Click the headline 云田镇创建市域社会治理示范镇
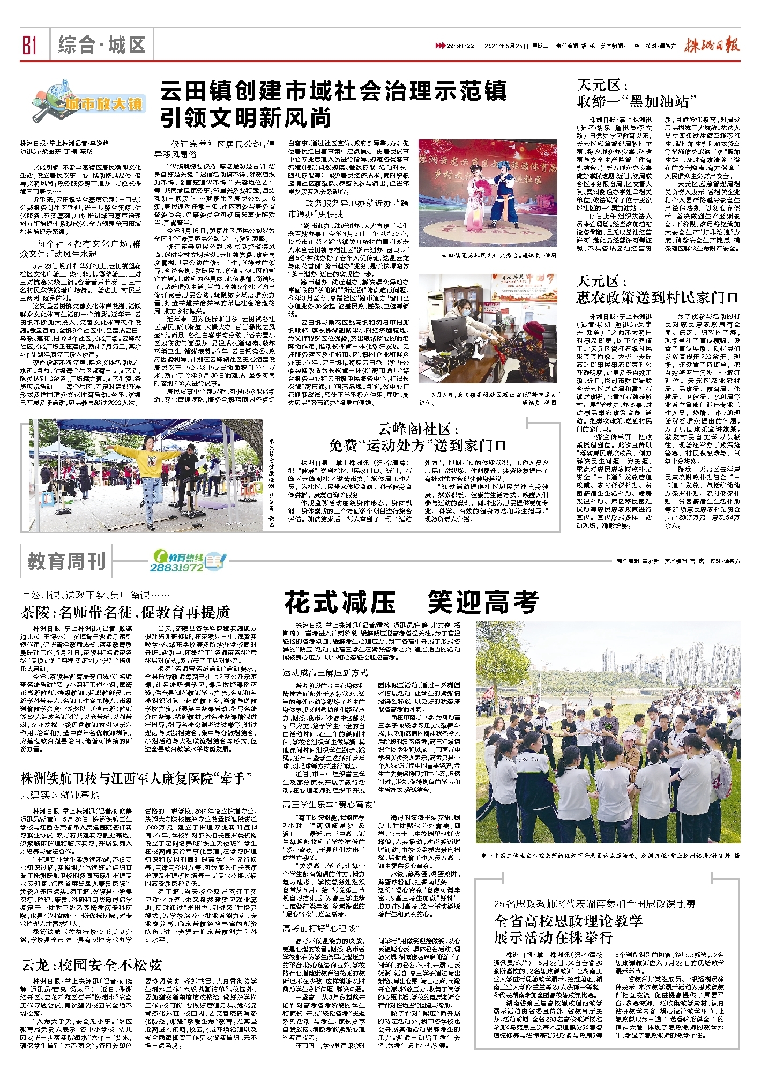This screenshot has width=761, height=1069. point(333,91)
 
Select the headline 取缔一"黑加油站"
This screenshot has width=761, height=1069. point(637,100)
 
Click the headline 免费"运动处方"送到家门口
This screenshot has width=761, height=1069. point(417,445)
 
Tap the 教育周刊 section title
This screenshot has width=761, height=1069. point(66,561)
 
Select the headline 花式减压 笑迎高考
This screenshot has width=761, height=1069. point(411,602)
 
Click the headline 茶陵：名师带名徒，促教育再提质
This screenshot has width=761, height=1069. point(125,612)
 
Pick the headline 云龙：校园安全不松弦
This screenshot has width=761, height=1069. point(92,965)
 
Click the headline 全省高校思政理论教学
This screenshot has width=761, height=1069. point(568,921)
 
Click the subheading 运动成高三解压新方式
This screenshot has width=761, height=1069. point(325,672)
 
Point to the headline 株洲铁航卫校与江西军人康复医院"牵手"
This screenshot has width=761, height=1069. point(136,778)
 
